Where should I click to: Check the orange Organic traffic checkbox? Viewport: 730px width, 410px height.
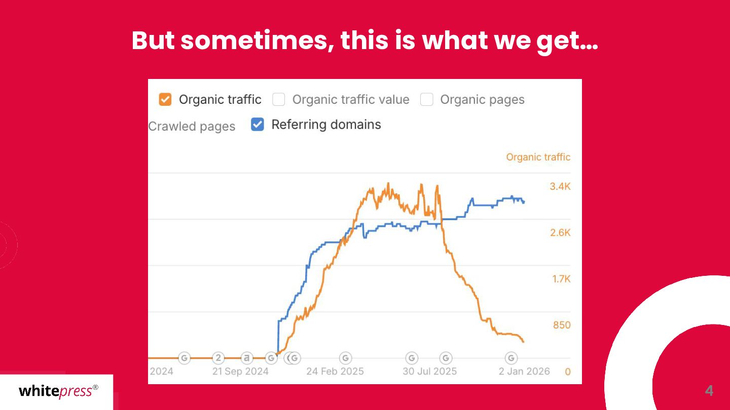click(x=165, y=99)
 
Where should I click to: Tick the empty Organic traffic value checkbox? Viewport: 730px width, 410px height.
click(x=279, y=100)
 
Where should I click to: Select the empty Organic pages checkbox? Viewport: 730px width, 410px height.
click(x=427, y=100)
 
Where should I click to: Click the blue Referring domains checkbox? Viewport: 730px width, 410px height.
click(x=258, y=125)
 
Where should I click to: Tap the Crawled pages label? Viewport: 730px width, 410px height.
click(x=192, y=127)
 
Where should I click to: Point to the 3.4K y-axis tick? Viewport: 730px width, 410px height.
click(x=560, y=187)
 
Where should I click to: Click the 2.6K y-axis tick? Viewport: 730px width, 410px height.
click(x=560, y=233)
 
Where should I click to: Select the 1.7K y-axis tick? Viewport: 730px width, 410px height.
click(x=561, y=279)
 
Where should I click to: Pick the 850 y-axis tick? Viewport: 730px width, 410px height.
click(x=562, y=325)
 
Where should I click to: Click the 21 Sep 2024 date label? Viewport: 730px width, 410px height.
click(x=240, y=371)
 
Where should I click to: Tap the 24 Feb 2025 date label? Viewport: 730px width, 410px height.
click(x=335, y=371)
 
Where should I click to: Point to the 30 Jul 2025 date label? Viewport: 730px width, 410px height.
click(x=430, y=371)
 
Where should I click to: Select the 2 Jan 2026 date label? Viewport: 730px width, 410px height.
click(x=524, y=371)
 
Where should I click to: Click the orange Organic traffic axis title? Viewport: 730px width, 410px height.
click(x=538, y=157)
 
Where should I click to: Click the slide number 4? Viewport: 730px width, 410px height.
click(x=709, y=391)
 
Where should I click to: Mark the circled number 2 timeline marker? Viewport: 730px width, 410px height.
click(x=218, y=358)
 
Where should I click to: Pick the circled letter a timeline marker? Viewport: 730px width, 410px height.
click(x=247, y=358)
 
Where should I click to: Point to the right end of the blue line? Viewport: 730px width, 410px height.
click(x=524, y=202)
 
